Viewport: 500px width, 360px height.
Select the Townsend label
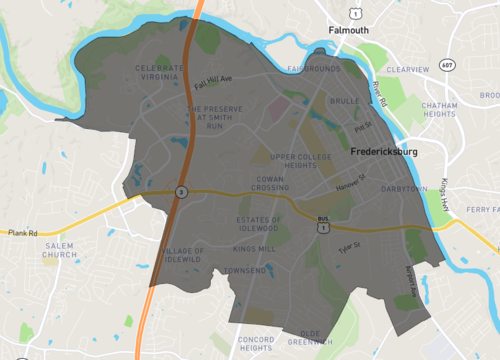pyautogui.click(x=245, y=270)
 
